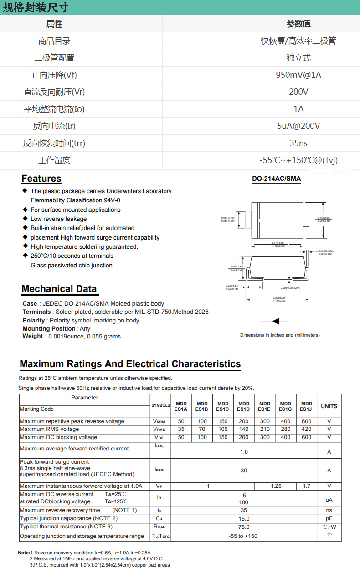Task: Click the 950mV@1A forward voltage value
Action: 298,75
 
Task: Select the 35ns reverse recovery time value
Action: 298,143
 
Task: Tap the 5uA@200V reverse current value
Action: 298,126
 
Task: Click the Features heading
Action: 41,179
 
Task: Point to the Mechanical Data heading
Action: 59,289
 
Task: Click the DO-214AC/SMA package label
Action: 277,179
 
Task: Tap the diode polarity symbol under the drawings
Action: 275,322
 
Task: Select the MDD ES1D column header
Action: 244,406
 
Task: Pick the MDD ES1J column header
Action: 307,406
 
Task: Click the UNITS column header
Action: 329,406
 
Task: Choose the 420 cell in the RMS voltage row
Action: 307,429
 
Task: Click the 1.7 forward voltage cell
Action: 307,486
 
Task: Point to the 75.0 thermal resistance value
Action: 244,527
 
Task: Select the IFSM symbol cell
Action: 159,470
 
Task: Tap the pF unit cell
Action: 329,518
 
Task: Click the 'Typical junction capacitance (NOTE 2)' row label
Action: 69,518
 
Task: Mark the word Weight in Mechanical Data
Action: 32,336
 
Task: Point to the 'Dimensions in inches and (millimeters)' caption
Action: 280,335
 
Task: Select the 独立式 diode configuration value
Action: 298,58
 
